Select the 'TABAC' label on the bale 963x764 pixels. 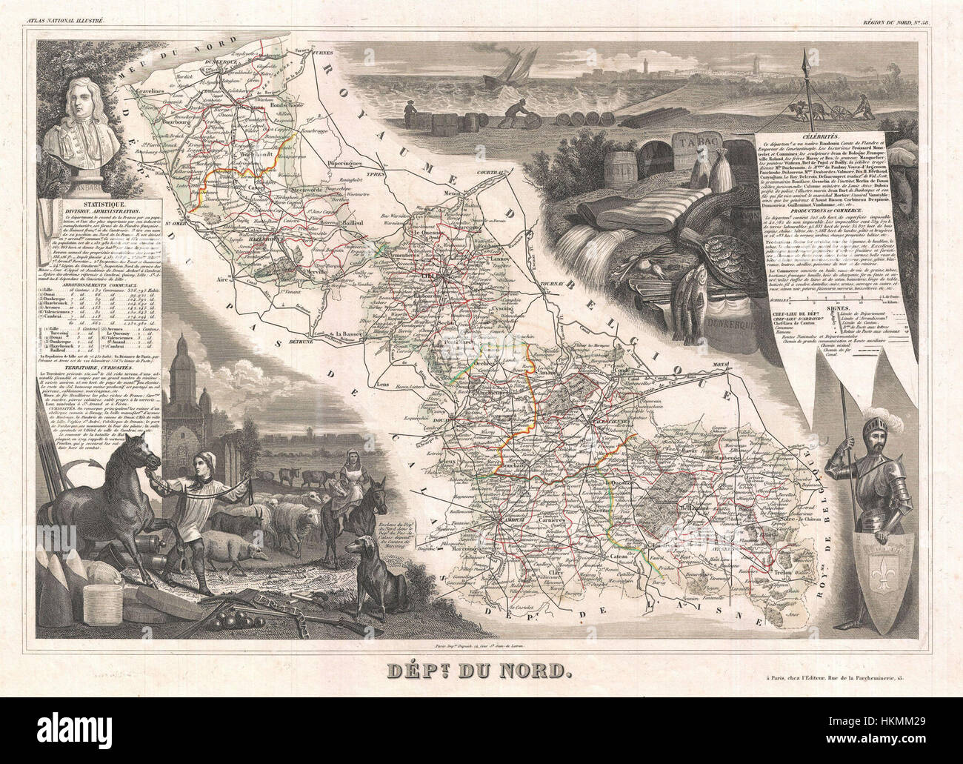[693, 139]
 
